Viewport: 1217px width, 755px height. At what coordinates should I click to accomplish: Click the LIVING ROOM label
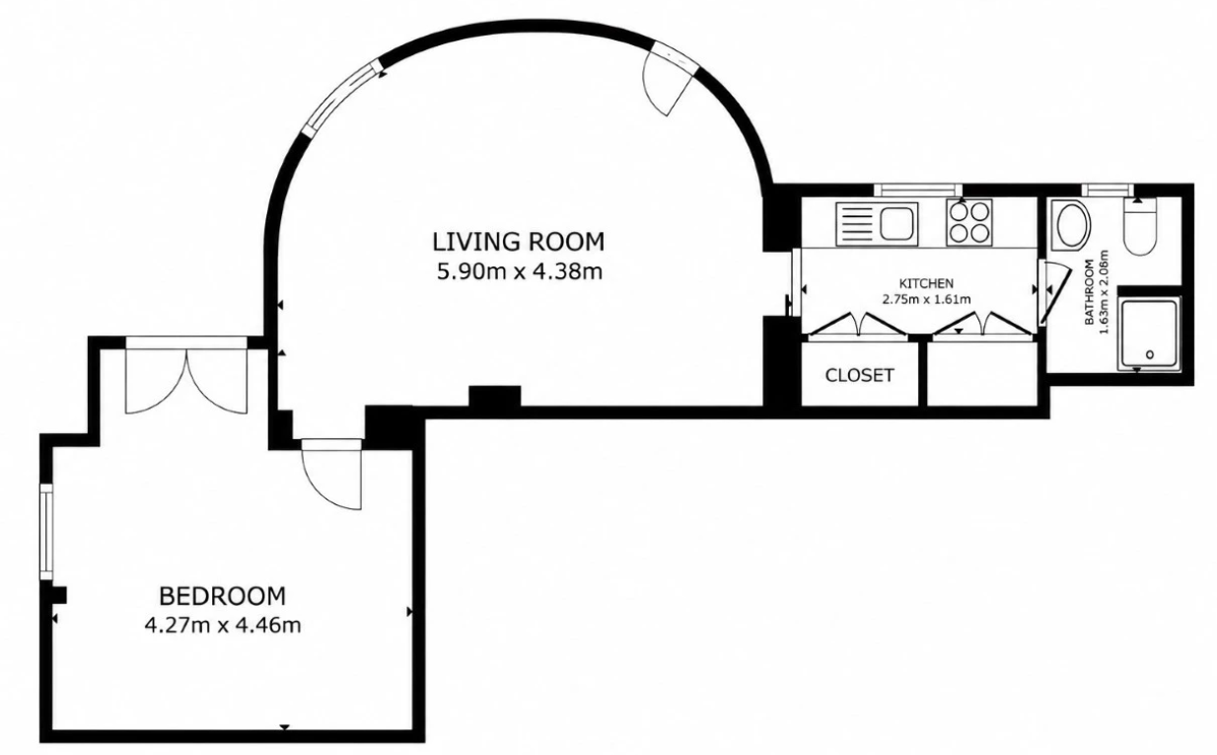click(519, 242)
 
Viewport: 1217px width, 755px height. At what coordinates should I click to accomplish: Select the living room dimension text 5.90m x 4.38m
click(520, 271)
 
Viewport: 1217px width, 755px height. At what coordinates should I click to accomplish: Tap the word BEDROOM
click(222, 596)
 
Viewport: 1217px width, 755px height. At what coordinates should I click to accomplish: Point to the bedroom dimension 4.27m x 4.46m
click(223, 625)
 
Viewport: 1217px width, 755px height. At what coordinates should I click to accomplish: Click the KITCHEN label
click(926, 283)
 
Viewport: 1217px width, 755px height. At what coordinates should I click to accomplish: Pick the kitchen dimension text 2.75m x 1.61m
click(926, 299)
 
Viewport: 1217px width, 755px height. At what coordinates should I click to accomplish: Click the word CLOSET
click(860, 375)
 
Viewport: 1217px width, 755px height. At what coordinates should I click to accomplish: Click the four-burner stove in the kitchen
click(969, 222)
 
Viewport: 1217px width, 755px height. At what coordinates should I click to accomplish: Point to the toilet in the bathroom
click(1140, 226)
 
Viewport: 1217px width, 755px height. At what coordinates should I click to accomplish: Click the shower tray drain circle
click(1150, 355)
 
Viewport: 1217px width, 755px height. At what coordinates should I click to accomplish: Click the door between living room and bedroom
click(331, 474)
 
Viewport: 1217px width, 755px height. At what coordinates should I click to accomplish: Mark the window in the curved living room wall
click(340, 97)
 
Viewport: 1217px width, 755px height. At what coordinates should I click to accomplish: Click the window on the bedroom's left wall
click(46, 532)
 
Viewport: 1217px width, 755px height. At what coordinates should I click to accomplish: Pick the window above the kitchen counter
click(918, 189)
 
